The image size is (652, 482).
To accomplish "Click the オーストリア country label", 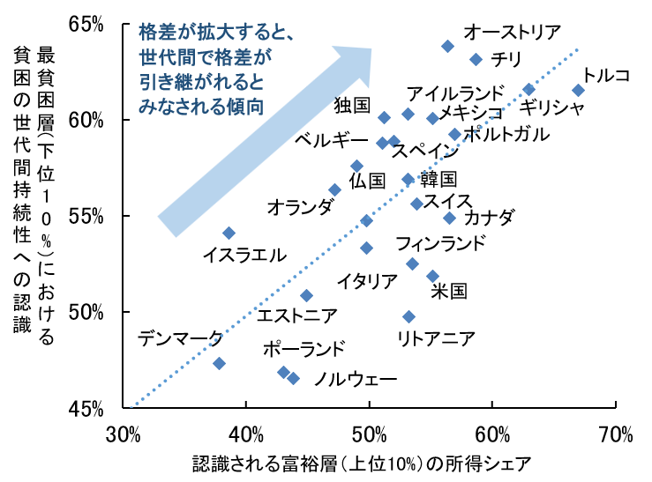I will [513, 33].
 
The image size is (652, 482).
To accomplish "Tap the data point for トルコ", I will [578, 90].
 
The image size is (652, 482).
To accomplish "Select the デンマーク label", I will [182, 337].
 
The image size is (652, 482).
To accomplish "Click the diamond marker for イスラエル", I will [229, 233].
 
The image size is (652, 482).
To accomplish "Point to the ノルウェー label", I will [348, 380].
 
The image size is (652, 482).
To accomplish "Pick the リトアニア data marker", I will [408, 316].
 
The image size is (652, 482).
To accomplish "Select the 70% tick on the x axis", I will [615, 434].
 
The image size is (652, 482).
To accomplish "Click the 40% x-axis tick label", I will [246, 434].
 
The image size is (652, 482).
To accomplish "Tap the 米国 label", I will [448, 291].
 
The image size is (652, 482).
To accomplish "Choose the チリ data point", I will [476, 59].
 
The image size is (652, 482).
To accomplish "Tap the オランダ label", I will [300, 207].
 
